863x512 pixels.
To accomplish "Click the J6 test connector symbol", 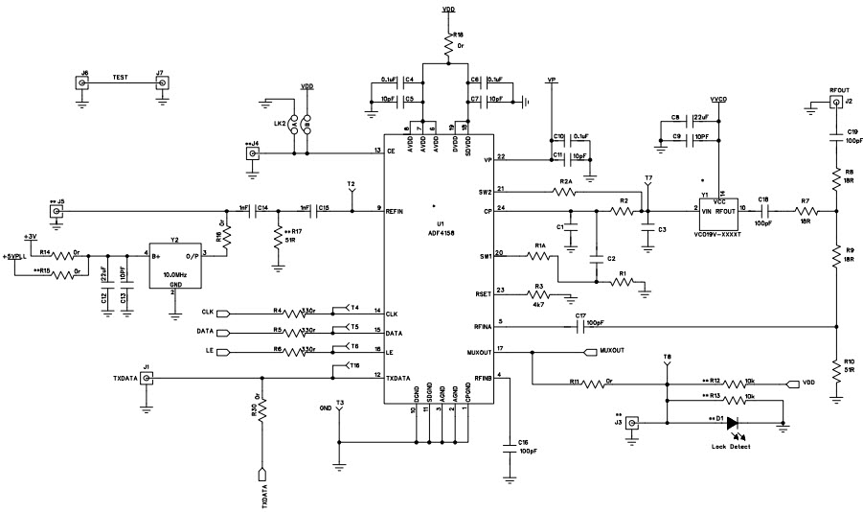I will (x=83, y=83).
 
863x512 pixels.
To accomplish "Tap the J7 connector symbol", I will (x=163, y=83).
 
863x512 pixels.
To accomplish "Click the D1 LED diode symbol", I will (x=733, y=422).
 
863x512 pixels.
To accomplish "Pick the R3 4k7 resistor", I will (x=538, y=294).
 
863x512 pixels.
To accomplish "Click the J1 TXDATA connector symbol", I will (x=147, y=379).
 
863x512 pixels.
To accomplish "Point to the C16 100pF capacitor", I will (x=511, y=445).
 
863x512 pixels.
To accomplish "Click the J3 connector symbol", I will (x=632, y=422).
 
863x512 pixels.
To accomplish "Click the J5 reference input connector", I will (x=57, y=210).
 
